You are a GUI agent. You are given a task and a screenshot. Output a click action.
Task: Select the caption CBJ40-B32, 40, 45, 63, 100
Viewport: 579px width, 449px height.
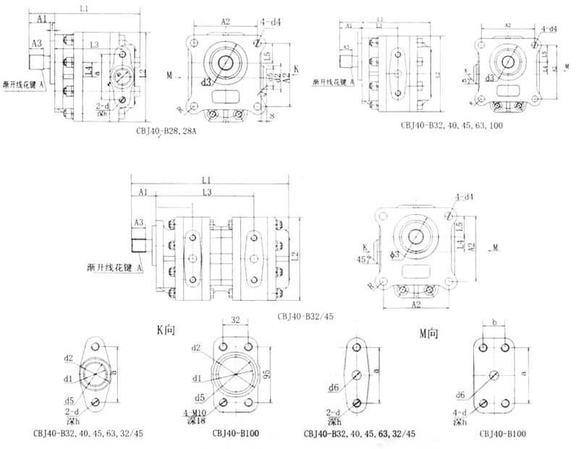point(451,125)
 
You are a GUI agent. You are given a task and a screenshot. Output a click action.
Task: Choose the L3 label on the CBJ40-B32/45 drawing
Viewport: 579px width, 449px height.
point(207,193)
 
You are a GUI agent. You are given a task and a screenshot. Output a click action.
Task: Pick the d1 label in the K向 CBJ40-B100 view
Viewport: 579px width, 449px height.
point(197,377)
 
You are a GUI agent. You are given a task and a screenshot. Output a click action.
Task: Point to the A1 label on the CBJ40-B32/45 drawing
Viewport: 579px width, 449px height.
point(142,193)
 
